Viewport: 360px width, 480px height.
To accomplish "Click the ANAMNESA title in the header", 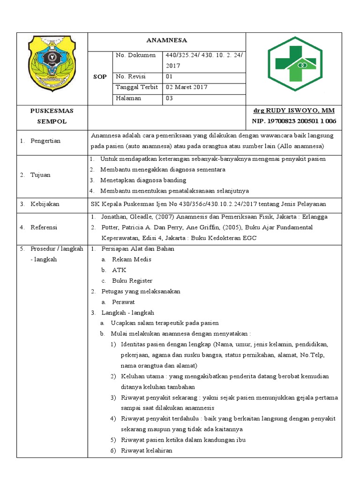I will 167,41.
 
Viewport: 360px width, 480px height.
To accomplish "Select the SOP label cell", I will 100,76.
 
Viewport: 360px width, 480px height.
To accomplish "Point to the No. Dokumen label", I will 135,55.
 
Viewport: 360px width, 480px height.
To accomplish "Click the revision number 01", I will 170,76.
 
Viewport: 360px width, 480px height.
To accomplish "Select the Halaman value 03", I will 170,98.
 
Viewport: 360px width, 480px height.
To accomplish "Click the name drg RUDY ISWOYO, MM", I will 294,111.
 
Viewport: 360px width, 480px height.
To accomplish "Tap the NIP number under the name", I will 294,121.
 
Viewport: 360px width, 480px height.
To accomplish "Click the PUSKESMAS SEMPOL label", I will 52,116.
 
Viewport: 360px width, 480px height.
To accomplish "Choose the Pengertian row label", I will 45,141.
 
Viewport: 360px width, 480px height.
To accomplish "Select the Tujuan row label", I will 40,175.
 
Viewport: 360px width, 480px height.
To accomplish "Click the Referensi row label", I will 44,227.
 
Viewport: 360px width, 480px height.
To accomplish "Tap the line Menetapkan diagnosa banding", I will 143,180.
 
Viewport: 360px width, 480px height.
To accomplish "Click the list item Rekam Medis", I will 131,259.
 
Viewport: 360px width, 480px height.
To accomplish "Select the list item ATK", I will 119,270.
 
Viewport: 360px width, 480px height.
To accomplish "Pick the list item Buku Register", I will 132,281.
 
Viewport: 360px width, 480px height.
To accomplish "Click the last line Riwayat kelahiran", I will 146,450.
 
